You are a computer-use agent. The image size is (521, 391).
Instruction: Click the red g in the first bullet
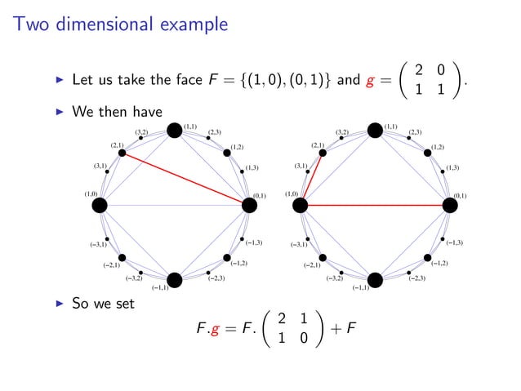pyautogui.click(x=372, y=82)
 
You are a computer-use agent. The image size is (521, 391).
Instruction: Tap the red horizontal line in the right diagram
pyautogui.click(x=375, y=205)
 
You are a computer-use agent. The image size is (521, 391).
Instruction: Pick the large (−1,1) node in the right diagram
pyautogui.click(x=376, y=280)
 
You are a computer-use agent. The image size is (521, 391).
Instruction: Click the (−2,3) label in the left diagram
pyautogui.click(x=216, y=279)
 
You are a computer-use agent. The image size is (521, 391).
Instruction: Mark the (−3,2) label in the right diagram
pyautogui.click(x=335, y=279)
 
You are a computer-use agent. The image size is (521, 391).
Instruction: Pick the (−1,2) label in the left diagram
pyautogui.click(x=239, y=264)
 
